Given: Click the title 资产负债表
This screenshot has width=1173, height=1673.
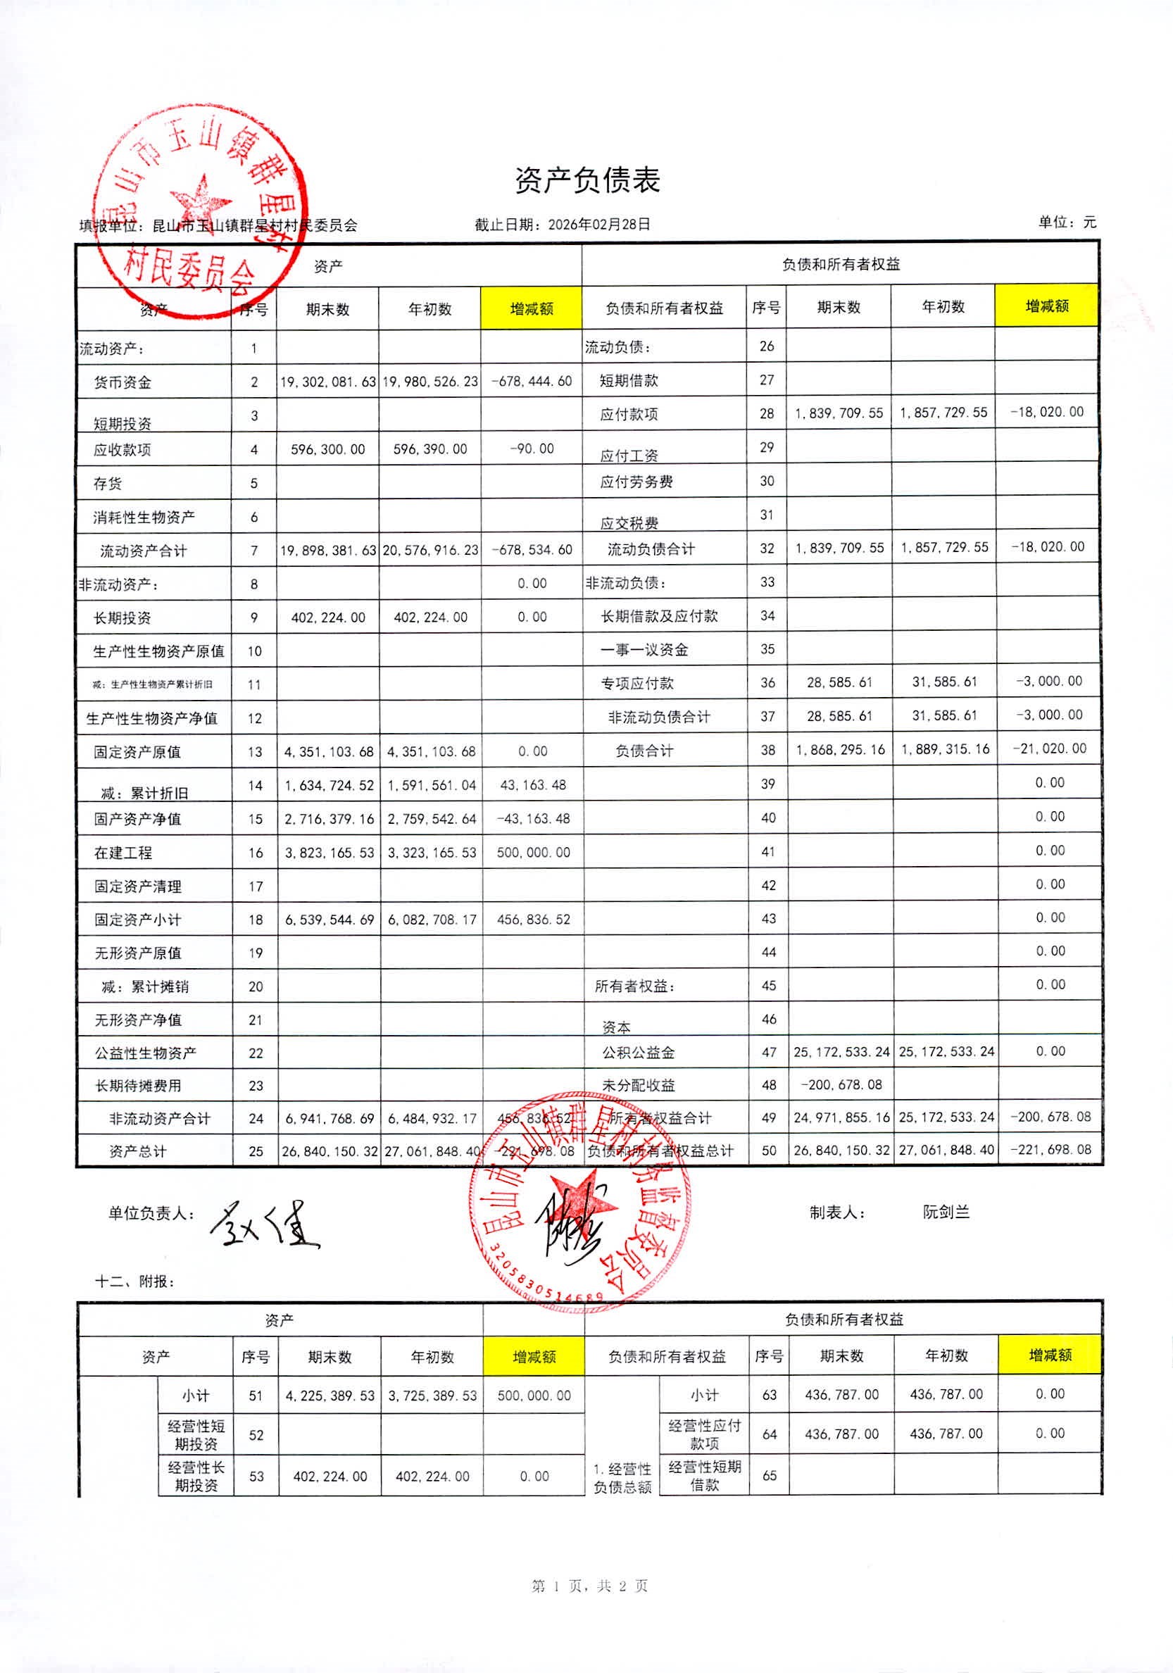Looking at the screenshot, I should pos(587,181).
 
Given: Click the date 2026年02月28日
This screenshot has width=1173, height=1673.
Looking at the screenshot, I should pos(599,225).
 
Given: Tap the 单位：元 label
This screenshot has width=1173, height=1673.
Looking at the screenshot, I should pos(1067,223).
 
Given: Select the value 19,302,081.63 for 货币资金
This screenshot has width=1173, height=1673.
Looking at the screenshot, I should pos(328,381).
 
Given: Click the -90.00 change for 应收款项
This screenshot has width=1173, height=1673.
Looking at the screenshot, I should pos(532,449).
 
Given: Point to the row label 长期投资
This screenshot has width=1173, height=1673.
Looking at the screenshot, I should pos(123,618).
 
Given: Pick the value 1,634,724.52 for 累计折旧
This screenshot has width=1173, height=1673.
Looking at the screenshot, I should pos(329,786).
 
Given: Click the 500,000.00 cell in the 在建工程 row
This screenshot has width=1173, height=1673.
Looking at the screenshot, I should pos(533,853).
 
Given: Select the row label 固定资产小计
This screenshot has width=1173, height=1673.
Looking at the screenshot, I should pos(138,920).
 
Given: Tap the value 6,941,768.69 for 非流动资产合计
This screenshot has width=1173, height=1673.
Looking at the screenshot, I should pos(329,1118).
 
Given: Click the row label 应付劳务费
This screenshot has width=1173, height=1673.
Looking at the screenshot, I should pos(636,482).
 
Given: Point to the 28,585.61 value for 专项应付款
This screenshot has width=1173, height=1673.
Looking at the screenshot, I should pos(839,683).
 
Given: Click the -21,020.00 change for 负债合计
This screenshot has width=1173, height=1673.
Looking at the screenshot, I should pos(1049,748).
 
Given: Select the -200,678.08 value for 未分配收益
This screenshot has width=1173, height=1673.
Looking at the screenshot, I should pos(841,1085).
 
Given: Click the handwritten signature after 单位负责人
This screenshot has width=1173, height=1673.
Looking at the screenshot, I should pos(265,1225).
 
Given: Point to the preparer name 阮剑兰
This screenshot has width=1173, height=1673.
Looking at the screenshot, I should pos(946,1212).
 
